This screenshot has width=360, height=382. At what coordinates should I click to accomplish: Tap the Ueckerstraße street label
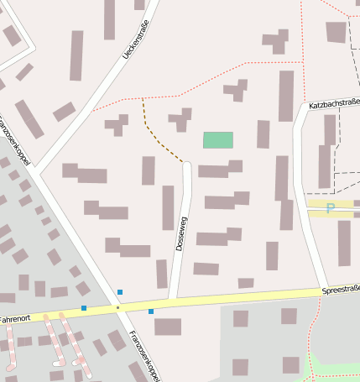135,39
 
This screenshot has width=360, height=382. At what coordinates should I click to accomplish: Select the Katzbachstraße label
334,104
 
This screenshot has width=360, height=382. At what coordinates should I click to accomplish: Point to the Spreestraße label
340,290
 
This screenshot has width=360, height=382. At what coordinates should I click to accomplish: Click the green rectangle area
218,140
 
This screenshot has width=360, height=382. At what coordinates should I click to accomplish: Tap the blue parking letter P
330,208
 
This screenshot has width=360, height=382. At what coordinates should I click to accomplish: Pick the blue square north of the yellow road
120,292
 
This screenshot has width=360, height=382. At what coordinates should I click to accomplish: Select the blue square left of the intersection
84,308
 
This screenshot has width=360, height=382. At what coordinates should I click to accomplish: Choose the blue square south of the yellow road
151,311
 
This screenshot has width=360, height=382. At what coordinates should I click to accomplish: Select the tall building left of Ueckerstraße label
76,55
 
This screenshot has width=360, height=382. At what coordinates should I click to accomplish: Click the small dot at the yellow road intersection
118,308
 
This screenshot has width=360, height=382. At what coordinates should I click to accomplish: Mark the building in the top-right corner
336,32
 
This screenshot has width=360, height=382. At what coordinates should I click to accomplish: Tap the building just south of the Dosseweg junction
168,327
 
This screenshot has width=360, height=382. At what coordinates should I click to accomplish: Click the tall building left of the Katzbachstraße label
286,96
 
